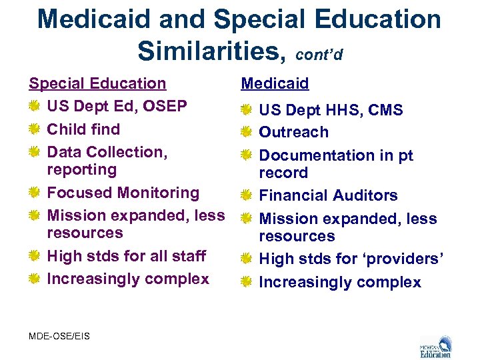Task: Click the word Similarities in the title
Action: pyautogui.click(x=209, y=49)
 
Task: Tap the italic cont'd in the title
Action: pyautogui.click(x=319, y=53)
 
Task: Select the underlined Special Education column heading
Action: pyautogui.click(x=97, y=83)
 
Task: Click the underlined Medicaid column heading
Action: pyautogui.click(x=275, y=83)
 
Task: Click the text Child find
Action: pyautogui.click(x=83, y=129)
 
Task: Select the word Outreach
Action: pyautogui.click(x=293, y=132)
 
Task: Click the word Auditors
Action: pyautogui.click(x=363, y=195)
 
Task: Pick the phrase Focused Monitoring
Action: pyautogui.click(x=123, y=193)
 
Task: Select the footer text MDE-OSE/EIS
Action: pyautogui.click(x=59, y=335)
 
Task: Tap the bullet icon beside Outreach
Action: pyautogui.click(x=246, y=132)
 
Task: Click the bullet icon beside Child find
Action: pyautogui.click(x=34, y=129)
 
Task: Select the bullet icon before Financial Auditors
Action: pyautogui.click(x=246, y=195)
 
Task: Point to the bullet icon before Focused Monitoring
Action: pyautogui.click(x=34, y=193)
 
